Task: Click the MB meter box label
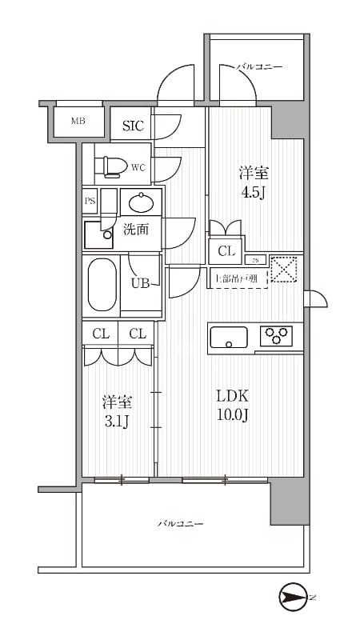[x=78, y=122]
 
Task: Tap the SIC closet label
[x=133, y=126]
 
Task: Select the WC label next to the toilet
[x=138, y=167]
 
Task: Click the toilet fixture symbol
[x=110, y=166]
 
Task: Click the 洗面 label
[x=135, y=230]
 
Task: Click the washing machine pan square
[x=100, y=234]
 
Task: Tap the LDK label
[x=233, y=396]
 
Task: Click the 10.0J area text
[x=233, y=416]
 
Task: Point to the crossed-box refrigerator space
[x=285, y=269]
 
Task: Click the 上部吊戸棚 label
[x=236, y=279]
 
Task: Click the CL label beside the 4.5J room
[x=226, y=252]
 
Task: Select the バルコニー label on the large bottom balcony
[x=179, y=524]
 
